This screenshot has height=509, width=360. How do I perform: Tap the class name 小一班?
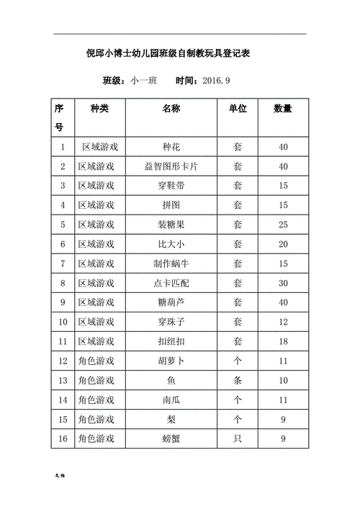tap(145, 81)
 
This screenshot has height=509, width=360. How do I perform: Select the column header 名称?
tap(171, 109)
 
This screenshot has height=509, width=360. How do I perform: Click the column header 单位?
tap(238, 109)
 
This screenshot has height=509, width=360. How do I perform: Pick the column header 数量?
tap(283, 109)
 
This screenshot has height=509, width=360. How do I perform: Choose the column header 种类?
tap(99, 109)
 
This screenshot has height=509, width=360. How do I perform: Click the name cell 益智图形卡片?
tap(171, 166)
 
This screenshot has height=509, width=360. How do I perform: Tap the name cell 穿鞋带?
tap(171, 186)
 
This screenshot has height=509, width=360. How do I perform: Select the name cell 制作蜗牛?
tap(171, 263)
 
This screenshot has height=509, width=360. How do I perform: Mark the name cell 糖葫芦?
tap(171, 302)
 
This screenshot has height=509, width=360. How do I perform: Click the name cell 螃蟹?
tap(171, 438)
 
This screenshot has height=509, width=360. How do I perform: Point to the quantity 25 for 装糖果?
tap(283, 225)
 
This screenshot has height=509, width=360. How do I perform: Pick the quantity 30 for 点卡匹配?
tap(283, 283)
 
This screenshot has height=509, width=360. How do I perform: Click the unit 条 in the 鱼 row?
tap(238, 379)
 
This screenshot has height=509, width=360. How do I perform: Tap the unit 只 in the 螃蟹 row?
tap(238, 438)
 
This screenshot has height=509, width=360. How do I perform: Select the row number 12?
tap(63, 360)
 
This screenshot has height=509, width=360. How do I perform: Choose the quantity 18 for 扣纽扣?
tap(283, 341)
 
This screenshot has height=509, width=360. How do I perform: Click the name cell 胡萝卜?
tap(171, 360)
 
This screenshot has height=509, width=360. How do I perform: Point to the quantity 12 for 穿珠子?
tap(283, 321)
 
